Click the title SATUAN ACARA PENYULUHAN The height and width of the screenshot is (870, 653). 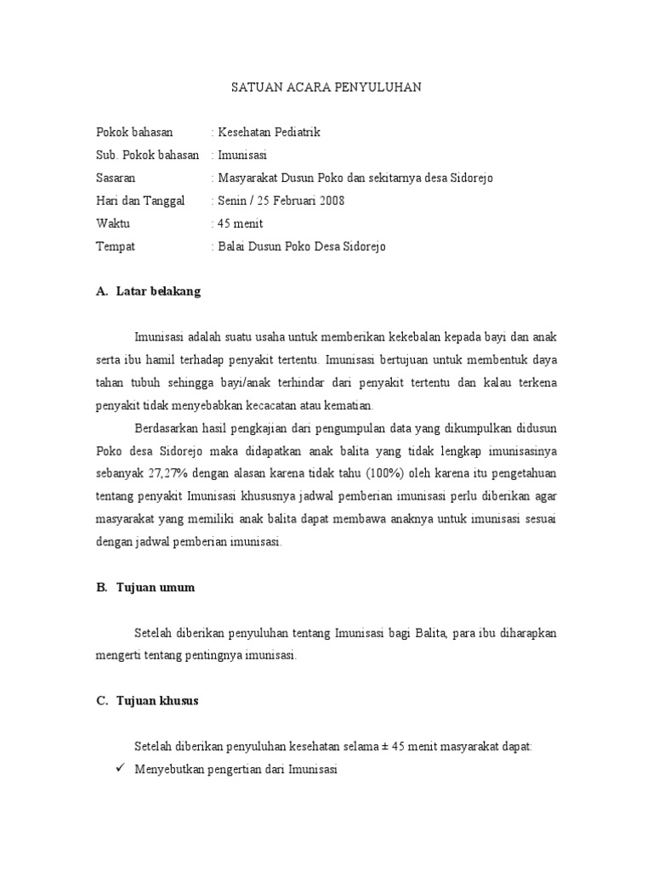(x=326, y=88)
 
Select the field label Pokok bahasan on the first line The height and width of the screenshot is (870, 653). (x=133, y=133)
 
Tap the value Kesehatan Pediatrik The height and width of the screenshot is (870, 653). (x=267, y=133)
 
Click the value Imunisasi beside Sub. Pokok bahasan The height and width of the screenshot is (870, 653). (x=241, y=155)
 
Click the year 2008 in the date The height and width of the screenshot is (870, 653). (x=331, y=201)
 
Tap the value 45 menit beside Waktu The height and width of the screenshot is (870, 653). (x=239, y=224)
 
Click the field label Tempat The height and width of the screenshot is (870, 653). (x=115, y=247)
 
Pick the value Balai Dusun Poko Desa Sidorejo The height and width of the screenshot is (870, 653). (x=299, y=247)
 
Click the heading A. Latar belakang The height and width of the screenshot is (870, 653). (x=148, y=291)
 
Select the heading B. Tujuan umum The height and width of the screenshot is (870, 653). (x=145, y=587)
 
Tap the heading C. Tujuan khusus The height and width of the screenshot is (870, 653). (x=147, y=701)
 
